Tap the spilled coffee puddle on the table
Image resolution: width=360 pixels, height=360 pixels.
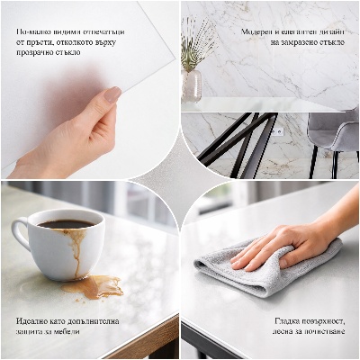pyautogui.click(x=94, y=287)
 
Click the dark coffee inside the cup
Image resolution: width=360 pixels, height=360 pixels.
pyautogui.click(x=65, y=223)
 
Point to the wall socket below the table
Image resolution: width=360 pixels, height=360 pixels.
pyautogui.click(x=277, y=132)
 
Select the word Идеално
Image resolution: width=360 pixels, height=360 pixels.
pyautogui.click(x=34, y=320)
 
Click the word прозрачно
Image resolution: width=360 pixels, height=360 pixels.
pyautogui.click(x=36, y=53)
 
